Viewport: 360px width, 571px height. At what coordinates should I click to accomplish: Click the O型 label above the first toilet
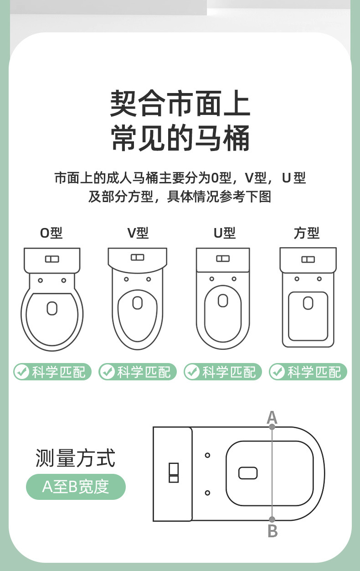point(51,233)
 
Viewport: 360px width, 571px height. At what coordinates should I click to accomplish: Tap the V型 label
point(138,233)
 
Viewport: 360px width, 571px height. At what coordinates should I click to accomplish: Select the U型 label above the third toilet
point(225,233)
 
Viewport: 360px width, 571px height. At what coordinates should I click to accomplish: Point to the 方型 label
point(307,233)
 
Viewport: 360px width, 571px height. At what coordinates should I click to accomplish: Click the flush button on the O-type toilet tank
point(52,259)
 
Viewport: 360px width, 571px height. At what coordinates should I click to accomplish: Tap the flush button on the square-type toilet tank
point(308,260)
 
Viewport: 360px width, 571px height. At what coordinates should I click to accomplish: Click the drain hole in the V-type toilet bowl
point(138,302)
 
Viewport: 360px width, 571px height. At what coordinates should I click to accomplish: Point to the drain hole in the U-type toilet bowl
point(223,301)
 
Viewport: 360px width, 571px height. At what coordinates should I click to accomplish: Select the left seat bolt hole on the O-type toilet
point(40,280)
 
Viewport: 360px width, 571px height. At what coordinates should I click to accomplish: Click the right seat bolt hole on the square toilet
point(319,279)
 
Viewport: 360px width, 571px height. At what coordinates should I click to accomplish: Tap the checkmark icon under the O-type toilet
point(22,372)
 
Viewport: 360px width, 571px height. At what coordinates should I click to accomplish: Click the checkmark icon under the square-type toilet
point(278,372)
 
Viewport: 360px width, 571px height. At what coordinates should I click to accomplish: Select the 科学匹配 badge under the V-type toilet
point(138,372)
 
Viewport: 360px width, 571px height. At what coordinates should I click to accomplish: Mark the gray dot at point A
point(272,427)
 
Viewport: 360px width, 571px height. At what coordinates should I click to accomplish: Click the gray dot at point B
point(272,519)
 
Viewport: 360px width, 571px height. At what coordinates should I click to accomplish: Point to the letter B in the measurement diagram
point(273,531)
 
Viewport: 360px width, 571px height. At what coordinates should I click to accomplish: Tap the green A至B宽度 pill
point(76,487)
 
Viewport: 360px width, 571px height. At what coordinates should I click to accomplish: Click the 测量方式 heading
point(75,458)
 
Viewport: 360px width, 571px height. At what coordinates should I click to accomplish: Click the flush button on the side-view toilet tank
point(174,473)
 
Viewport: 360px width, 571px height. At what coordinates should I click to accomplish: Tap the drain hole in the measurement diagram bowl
point(248,473)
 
